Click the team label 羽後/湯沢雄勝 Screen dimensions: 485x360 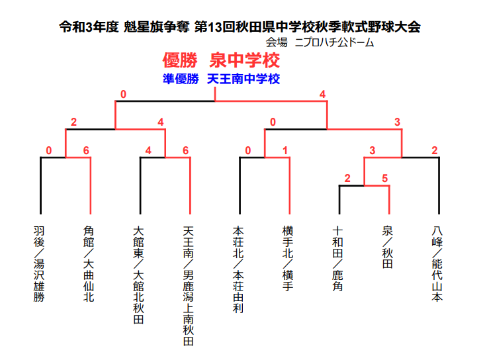coord(39,264)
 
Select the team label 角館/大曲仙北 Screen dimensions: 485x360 coord(89,264)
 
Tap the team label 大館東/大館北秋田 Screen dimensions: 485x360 coord(138,275)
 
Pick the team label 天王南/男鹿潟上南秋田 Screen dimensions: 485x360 coord(189,286)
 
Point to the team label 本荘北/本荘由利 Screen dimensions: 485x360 coord(238,269)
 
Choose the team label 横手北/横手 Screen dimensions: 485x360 coord(288,258)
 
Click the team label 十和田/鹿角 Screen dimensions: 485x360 coord(337,258)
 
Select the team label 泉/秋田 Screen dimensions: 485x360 coord(388,247)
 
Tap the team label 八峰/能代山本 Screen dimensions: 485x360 coord(437,264)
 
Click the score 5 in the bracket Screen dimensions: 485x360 coord(385,179)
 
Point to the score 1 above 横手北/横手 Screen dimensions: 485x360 coord(285,151)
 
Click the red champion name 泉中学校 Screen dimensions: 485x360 coord(245,60)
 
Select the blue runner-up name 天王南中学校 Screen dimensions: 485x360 coord(243,79)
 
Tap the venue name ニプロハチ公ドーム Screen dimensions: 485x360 coord(334,42)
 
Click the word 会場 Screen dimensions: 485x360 coord(277,42)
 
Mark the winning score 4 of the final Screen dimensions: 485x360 coord(323,95)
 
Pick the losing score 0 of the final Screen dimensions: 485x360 coord(124,95)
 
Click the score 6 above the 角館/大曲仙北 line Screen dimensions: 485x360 coord(86,151)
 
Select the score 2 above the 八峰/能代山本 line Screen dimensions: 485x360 coord(435,151)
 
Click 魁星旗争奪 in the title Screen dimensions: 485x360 coord(156,27)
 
